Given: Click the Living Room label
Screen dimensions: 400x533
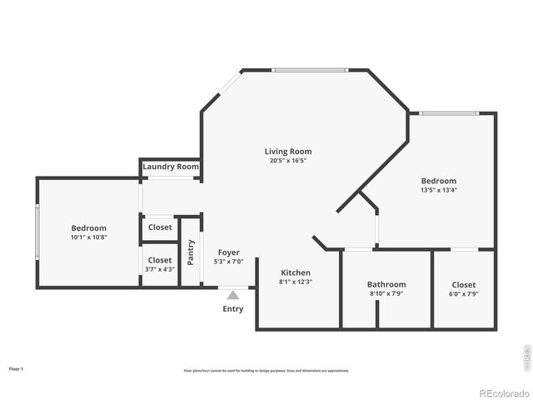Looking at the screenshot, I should [288, 152].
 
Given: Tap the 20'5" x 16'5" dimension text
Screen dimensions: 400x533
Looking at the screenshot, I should [288, 161].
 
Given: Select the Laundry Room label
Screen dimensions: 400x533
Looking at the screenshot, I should [171, 167].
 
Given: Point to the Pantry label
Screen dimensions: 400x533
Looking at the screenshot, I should [191, 251].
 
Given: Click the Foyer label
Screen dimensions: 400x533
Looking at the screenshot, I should [229, 252].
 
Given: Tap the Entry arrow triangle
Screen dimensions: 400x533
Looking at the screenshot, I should [233, 293].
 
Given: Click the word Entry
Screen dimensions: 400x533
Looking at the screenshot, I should [233, 309].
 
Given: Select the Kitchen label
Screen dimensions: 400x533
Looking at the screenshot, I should [296, 272].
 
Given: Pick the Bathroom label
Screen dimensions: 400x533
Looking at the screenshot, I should [386, 284].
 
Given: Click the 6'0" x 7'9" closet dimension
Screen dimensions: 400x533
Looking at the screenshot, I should [464, 293].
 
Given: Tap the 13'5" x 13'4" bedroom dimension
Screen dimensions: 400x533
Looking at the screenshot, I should [439, 190].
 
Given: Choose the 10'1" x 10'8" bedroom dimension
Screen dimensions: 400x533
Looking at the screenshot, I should [88, 237].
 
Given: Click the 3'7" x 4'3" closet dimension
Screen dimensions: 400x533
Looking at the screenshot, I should [160, 269].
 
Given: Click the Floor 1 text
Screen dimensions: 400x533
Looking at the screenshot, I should [16, 368].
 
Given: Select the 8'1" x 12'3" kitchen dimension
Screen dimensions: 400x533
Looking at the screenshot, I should [296, 282].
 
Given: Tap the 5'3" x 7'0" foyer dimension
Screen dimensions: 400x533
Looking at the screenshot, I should [229, 262].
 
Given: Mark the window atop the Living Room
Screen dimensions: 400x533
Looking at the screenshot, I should [309, 70].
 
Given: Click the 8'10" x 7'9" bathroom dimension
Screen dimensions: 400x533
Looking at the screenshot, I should [386, 293].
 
